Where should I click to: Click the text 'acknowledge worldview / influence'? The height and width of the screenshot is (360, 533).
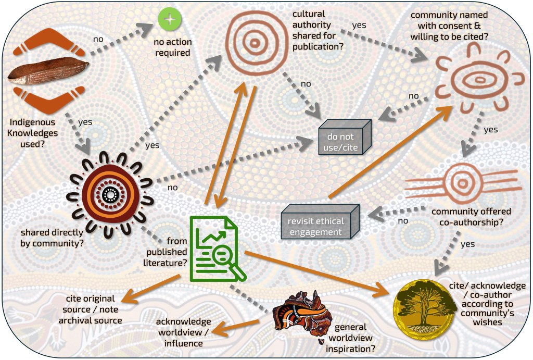(183, 332)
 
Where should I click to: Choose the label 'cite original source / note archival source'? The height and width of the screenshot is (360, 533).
(94, 309)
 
